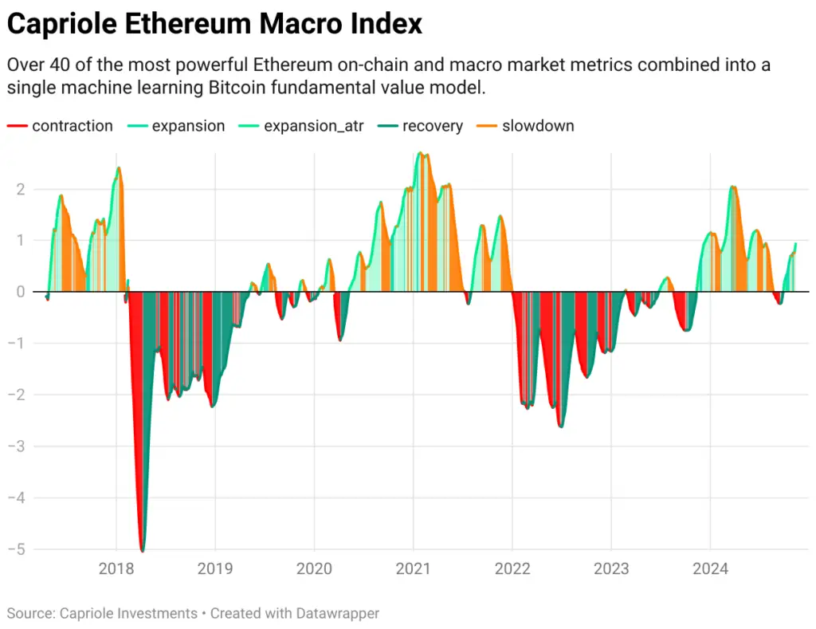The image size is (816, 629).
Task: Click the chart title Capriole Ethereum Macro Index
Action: point(214,24)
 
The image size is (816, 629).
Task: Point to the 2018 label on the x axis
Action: point(116,569)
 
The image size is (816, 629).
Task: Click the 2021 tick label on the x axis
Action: point(413,569)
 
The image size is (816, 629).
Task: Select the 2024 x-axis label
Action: point(710,569)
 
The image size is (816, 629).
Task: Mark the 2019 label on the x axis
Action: point(214,569)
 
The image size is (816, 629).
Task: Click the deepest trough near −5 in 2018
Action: point(143,550)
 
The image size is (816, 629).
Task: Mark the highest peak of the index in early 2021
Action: point(422,153)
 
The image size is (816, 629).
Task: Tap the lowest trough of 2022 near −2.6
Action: point(561,427)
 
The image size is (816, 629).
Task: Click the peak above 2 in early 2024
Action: point(733,187)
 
